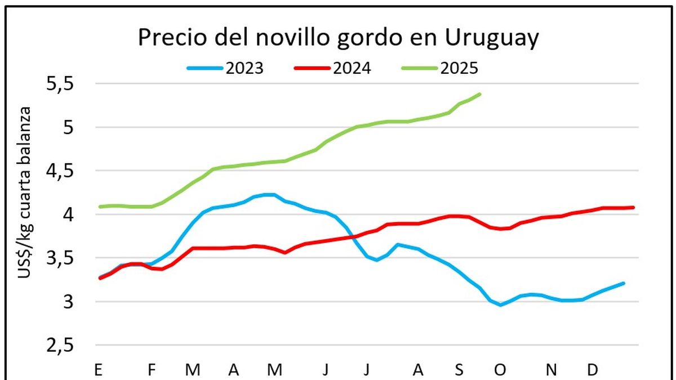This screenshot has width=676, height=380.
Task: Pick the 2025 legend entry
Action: [x=459, y=68]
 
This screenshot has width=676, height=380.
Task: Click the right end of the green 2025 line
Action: [x=480, y=94]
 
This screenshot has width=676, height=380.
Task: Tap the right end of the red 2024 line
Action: [x=634, y=208]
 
